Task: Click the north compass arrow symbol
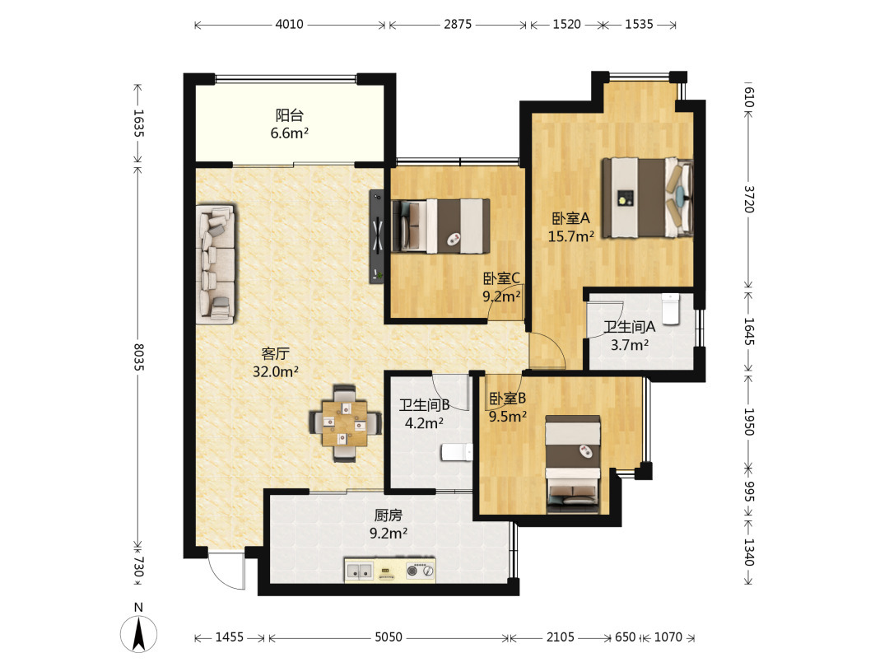138,633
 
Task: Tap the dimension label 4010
289,25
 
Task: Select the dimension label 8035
137,357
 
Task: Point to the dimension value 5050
389,637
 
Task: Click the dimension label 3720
748,198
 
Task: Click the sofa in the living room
216,264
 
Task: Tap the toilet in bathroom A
670,309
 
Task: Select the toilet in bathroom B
456,452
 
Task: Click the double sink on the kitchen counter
360,571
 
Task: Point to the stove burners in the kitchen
421,571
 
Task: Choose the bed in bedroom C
440,226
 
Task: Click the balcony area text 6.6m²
289,133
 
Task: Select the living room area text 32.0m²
276,371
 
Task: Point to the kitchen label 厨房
389,515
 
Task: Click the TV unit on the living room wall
376,236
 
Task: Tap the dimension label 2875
458,25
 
